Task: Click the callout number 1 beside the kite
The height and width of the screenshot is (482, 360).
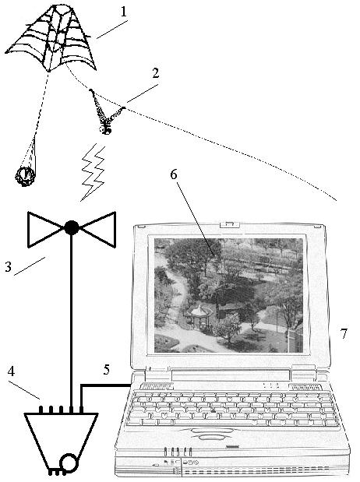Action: pos(124,12)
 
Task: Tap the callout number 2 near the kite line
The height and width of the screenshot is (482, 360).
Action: pos(156,73)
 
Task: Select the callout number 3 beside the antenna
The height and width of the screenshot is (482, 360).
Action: pos(9,266)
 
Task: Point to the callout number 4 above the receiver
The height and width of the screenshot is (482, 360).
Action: pos(11,372)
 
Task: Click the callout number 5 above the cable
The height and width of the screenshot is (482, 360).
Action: pos(107,370)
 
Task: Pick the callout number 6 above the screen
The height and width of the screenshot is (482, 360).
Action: pos(174,174)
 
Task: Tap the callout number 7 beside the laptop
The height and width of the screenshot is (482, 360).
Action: pos(344,333)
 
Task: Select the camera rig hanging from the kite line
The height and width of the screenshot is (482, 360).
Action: pos(105,112)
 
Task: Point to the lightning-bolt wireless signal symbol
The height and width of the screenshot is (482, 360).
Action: pos(93,173)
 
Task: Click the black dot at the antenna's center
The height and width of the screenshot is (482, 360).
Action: pos(72,228)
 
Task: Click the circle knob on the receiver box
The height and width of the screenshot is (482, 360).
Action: pos(69,463)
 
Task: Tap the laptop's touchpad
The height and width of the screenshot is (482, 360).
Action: pos(210,437)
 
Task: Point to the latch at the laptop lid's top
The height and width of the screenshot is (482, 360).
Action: pos(228,223)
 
